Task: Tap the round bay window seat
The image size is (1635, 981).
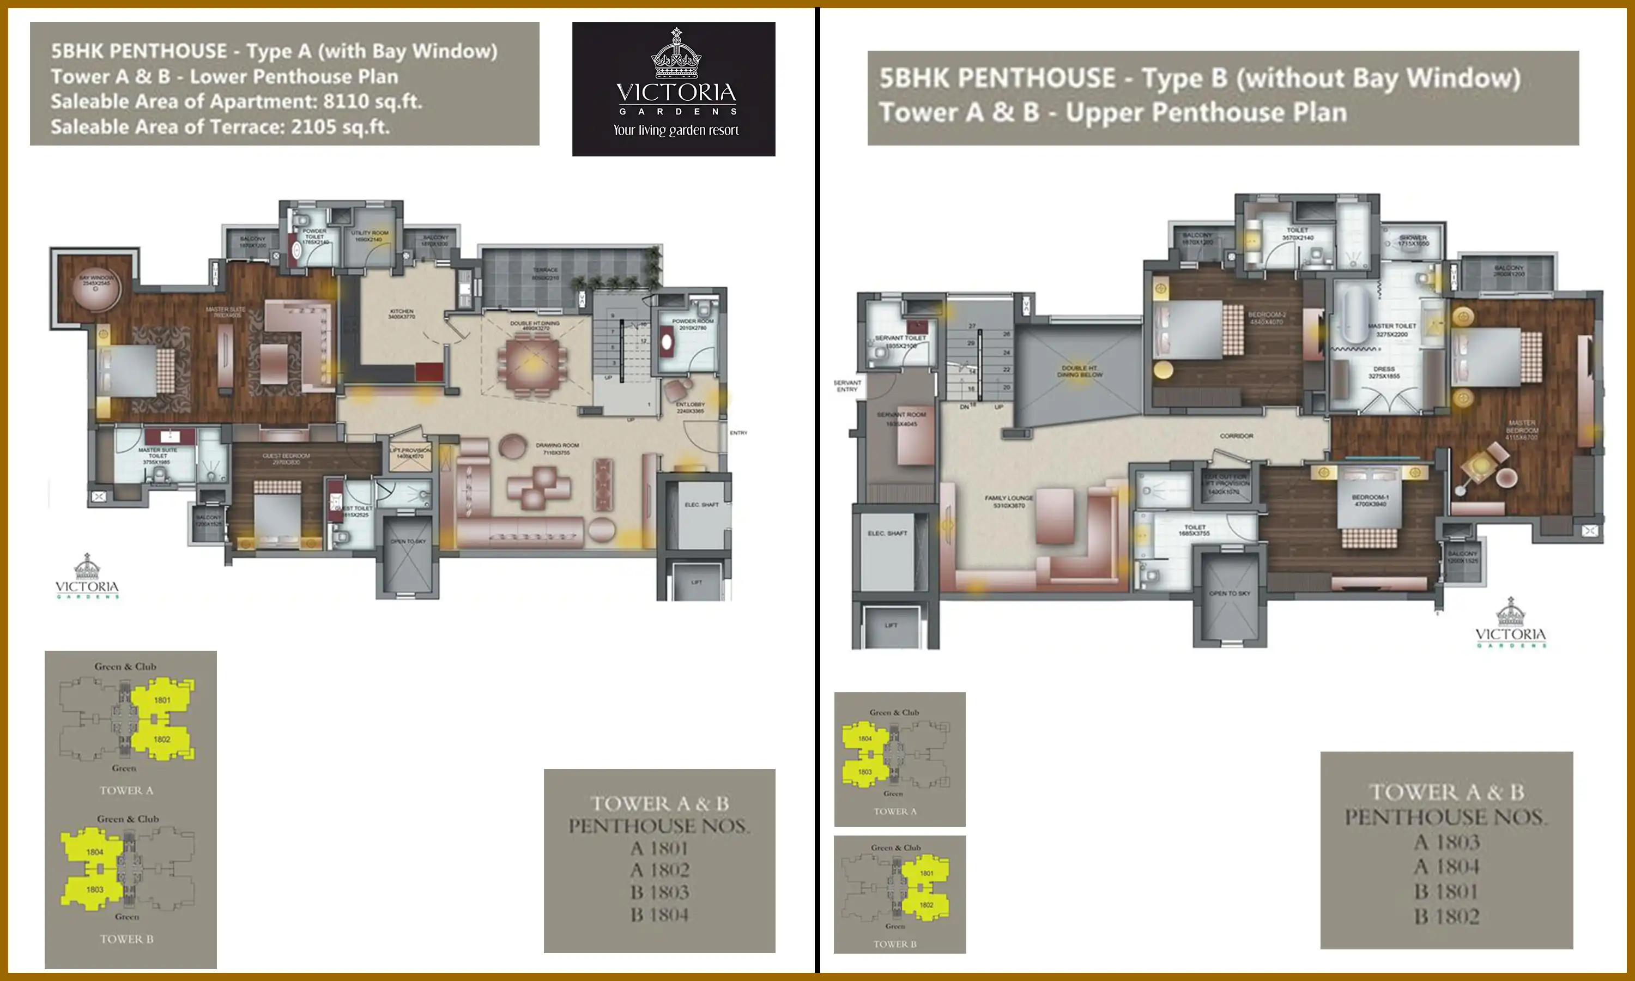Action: [96, 292]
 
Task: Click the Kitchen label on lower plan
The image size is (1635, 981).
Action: [401, 313]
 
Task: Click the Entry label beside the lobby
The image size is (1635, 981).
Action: [738, 433]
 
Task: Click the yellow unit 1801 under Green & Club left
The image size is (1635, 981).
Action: [162, 699]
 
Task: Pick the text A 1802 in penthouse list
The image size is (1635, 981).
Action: [659, 870]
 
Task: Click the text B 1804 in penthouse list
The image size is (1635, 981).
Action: [659, 915]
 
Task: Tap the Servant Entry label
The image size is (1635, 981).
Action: [846, 386]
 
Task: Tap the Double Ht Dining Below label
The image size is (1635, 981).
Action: [1079, 371]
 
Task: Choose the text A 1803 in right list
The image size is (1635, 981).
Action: [1446, 842]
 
